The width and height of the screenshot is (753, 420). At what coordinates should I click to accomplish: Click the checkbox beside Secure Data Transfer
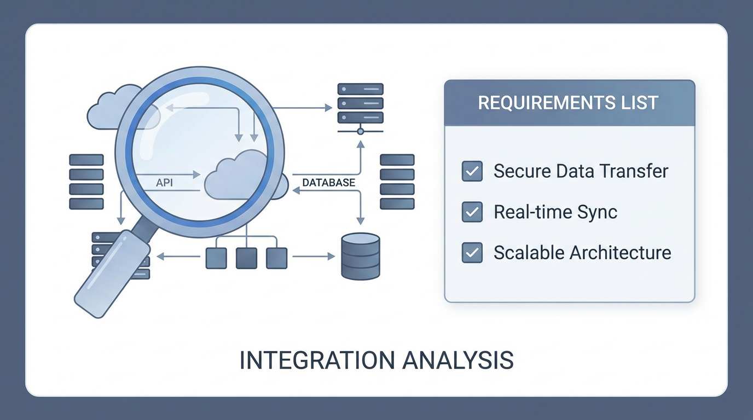[x=472, y=171]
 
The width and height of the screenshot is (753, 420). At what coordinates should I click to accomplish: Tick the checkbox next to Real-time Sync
[x=472, y=212]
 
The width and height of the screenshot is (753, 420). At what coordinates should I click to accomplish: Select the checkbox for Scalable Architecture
[x=472, y=253]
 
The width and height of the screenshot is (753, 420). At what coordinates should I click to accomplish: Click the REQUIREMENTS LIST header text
[x=568, y=103]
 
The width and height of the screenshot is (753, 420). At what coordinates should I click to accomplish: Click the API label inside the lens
[x=164, y=183]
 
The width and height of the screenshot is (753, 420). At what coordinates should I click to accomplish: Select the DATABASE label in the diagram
[x=328, y=183]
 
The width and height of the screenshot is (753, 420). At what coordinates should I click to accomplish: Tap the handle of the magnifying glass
[x=112, y=274]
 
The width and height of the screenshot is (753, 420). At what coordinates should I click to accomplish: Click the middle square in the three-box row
[x=246, y=258]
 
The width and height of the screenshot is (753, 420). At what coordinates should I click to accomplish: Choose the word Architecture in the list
[x=621, y=253]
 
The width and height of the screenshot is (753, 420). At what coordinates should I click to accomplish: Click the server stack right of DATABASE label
[x=397, y=182]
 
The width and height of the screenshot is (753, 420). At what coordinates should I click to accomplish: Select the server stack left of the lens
[x=86, y=182]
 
